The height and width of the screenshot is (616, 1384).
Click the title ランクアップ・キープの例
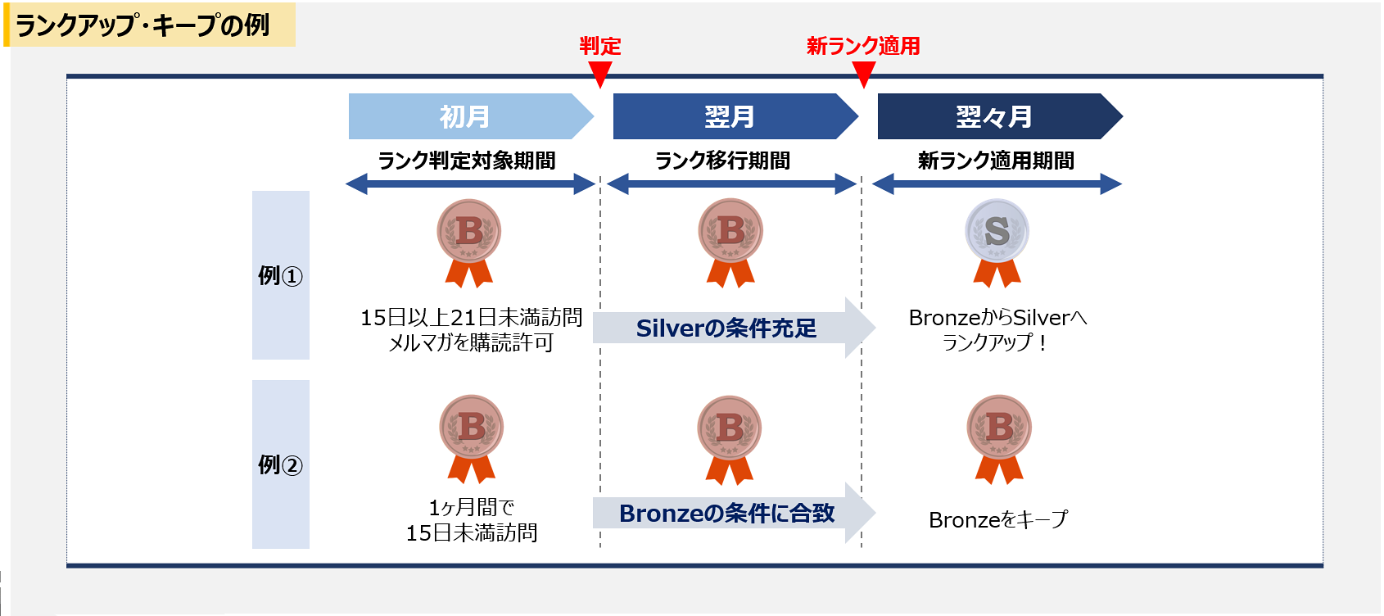click(142, 26)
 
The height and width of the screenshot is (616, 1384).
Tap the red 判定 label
click(600, 47)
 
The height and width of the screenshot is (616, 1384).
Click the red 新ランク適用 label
click(863, 47)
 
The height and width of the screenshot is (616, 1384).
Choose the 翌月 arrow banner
click(735, 116)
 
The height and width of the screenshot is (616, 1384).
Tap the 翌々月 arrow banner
click(1000, 116)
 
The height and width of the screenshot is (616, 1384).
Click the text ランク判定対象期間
click(467, 161)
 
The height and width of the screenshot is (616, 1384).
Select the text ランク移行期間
click(722, 161)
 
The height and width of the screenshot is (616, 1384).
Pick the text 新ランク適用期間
click(996, 161)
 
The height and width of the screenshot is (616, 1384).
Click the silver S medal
click(997, 242)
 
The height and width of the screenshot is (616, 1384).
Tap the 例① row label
click(281, 275)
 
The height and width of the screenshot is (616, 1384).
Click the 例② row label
click(281, 464)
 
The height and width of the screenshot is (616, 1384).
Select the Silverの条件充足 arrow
click(734, 328)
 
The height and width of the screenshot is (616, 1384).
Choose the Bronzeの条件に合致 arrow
click(734, 513)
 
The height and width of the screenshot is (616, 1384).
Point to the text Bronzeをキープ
click(997, 519)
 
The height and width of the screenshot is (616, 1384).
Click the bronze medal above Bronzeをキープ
click(999, 439)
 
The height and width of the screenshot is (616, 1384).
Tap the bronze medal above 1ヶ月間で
click(472, 439)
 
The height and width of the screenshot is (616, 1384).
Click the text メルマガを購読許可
click(471, 342)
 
